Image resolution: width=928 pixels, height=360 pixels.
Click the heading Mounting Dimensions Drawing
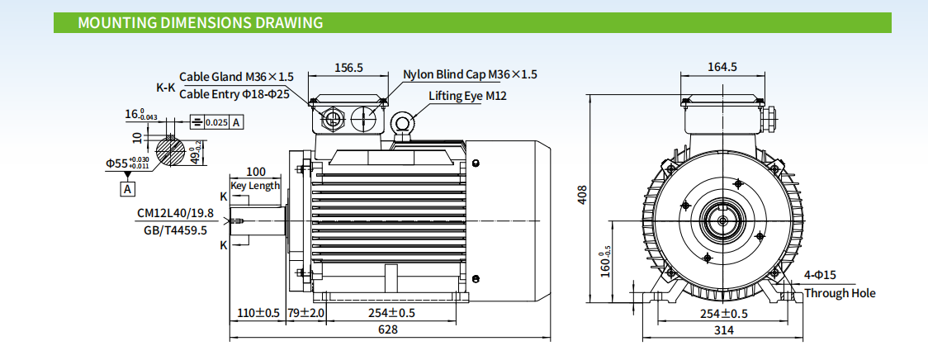tap(200, 22)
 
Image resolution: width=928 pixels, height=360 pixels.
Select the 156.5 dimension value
tap(348, 68)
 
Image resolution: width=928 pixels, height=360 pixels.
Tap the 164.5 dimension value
tap(722, 67)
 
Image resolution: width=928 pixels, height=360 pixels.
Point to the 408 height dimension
tap(582, 195)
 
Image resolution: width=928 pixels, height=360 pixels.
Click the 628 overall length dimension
tap(388, 329)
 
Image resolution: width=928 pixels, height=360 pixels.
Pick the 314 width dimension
tap(723, 330)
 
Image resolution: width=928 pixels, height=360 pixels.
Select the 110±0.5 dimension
tap(256, 313)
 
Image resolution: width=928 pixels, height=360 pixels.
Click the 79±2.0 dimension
tap(306, 313)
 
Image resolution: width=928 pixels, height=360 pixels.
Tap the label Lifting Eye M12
tap(467, 96)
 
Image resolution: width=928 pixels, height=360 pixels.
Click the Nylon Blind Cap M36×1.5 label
tap(470, 74)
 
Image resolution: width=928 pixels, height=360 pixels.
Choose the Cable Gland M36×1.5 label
tap(236, 77)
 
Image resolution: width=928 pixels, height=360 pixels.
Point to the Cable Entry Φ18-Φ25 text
tap(234, 94)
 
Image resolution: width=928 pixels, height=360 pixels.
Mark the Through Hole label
tap(840, 293)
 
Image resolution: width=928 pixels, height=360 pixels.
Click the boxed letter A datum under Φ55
tap(128, 189)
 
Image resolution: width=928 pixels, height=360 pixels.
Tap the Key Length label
tap(256, 186)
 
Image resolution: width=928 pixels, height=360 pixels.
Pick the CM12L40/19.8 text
tap(175, 213)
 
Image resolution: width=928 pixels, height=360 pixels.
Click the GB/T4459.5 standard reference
tap(175, 230)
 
